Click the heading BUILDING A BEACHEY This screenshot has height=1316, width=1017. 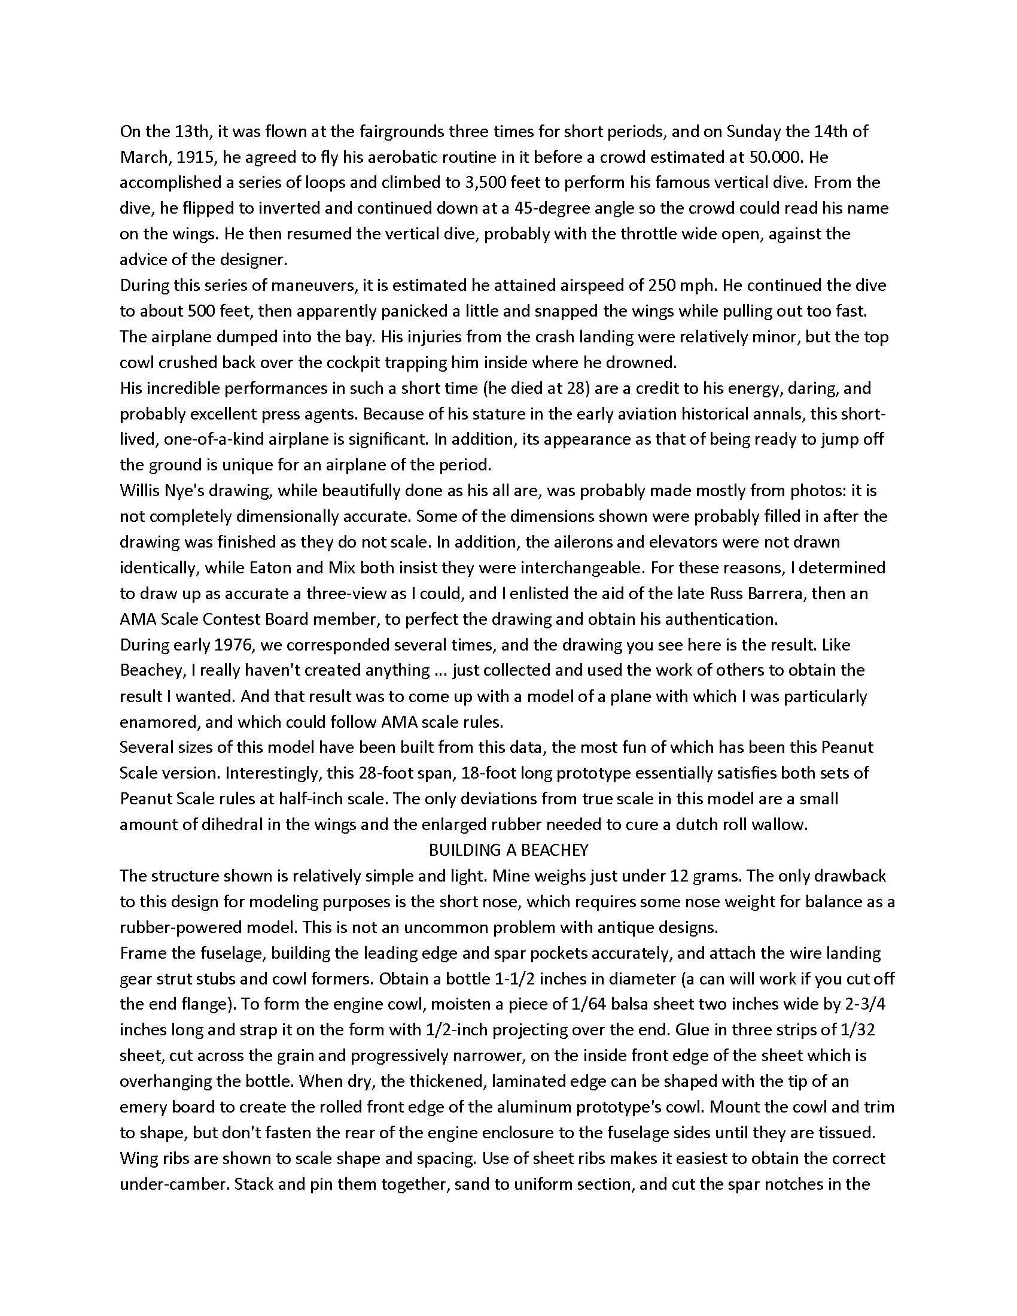[508, 850]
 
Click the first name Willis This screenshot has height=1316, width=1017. [140, 491]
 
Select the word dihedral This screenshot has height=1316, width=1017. [221, 824]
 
